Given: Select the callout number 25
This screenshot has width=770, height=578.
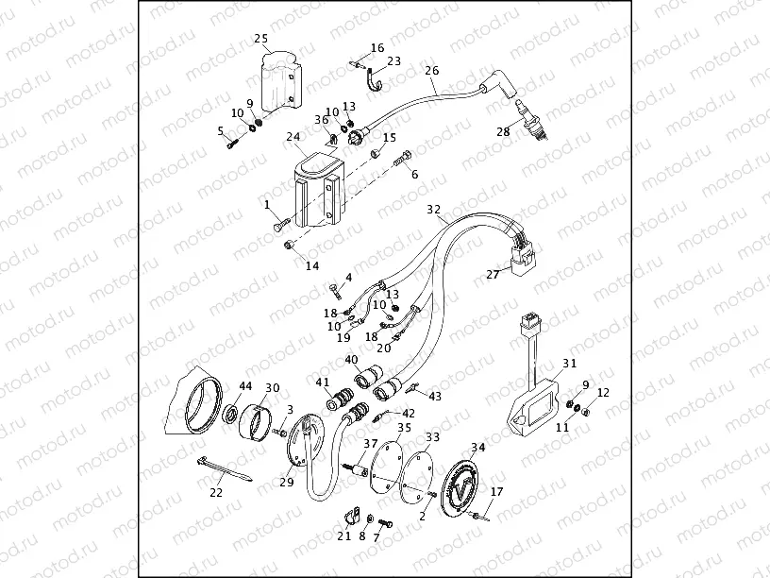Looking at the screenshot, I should pyautogui.click(x=262, y=39).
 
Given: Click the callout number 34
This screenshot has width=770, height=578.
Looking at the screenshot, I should pyautogui.click(x=477, y=448).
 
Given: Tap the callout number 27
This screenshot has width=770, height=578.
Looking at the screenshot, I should pyautogui.click(x=492, y=275).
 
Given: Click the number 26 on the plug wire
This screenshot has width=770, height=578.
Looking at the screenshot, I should pyautogui.click(x=432, y=71).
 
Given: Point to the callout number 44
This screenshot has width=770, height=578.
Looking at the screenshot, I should pyautogui.click(x=244, y=386).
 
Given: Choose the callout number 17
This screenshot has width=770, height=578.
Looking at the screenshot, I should pyautogui.click(x=497, y=491).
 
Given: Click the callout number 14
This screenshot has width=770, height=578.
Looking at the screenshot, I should pyautogui.click(x=312, y=265).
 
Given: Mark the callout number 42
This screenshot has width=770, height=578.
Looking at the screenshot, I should pyautogui.click(x=408, y=413).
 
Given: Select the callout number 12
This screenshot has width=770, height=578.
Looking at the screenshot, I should pyautogui.click(x=603, y=392).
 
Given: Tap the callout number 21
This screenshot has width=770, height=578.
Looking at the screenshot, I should pyautogui.click(x=343, y=535).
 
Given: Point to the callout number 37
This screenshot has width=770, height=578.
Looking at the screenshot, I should pyautogui.click(x=370, y=444).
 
